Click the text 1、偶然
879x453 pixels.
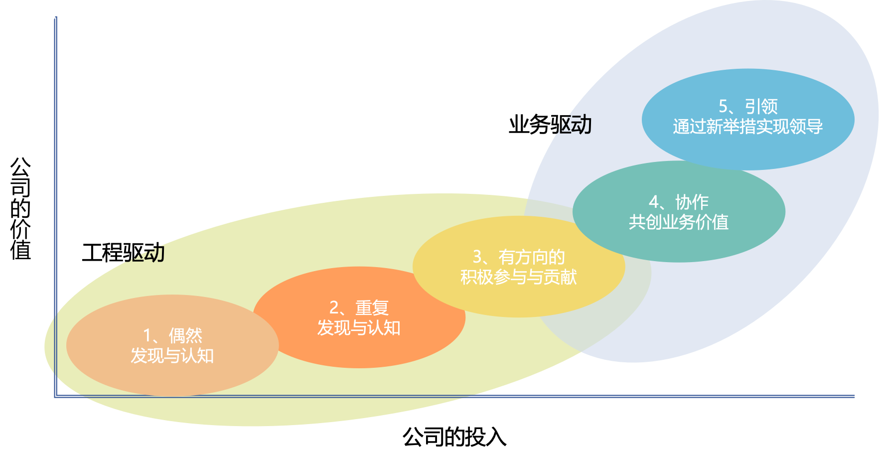click(x=172, y=336)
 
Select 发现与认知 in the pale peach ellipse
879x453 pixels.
click(x=172, y=356)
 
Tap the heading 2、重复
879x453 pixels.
click(x=359, y=308)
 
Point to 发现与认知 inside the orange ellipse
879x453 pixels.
click(x=359, y=328)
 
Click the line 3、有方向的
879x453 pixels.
click(x=519, y=257)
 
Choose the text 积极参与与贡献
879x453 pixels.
click(x=519, y=277)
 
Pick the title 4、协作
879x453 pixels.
click(x=679, y=202)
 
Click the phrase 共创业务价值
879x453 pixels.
click(x=679, y=222)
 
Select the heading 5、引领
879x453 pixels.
click(x=748, y=107)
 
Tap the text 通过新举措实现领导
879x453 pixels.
click(x=748, y=127)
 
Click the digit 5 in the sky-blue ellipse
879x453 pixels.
click(x=724, y=107)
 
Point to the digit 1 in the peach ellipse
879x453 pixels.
click(x=147, y=336)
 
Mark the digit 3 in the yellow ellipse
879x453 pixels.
click(x=477, y=257)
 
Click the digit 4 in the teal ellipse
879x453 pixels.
click(x=654, y=202)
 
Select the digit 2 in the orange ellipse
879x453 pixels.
click(x=334, y=308)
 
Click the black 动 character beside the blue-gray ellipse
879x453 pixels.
click(x=582, y=125)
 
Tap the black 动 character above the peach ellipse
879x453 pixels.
click(x=154, y=253)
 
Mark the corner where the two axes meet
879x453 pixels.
click(x=55, y=396)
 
